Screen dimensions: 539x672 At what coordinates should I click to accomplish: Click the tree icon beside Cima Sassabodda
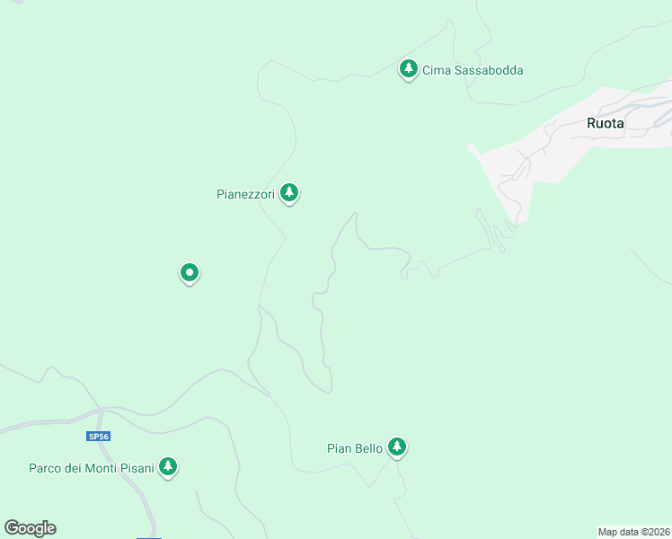point(409,68)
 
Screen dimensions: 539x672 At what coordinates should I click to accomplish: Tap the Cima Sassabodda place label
point(473,70)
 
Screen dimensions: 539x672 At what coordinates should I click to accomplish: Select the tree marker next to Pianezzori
point(288,191)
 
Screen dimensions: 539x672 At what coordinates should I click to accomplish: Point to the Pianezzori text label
point(245,193)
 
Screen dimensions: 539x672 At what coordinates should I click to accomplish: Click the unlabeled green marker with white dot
point(189,271)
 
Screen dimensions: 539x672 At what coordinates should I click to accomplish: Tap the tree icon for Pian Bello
point(397,446)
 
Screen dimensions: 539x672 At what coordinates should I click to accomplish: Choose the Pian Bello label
point(355,447)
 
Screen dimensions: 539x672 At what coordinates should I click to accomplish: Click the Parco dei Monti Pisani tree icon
point(167,466)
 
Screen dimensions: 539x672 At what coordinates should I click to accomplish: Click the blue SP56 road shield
point(98,437)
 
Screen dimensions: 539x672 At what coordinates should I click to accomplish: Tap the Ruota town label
point(605,124)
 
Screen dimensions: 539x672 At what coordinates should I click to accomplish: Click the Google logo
point(31,528)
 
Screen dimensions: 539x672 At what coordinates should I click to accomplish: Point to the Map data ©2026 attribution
point(633,532)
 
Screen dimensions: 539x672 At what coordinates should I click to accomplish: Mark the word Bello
point(368,447)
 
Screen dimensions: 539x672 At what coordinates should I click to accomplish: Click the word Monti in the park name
point(100,468)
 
